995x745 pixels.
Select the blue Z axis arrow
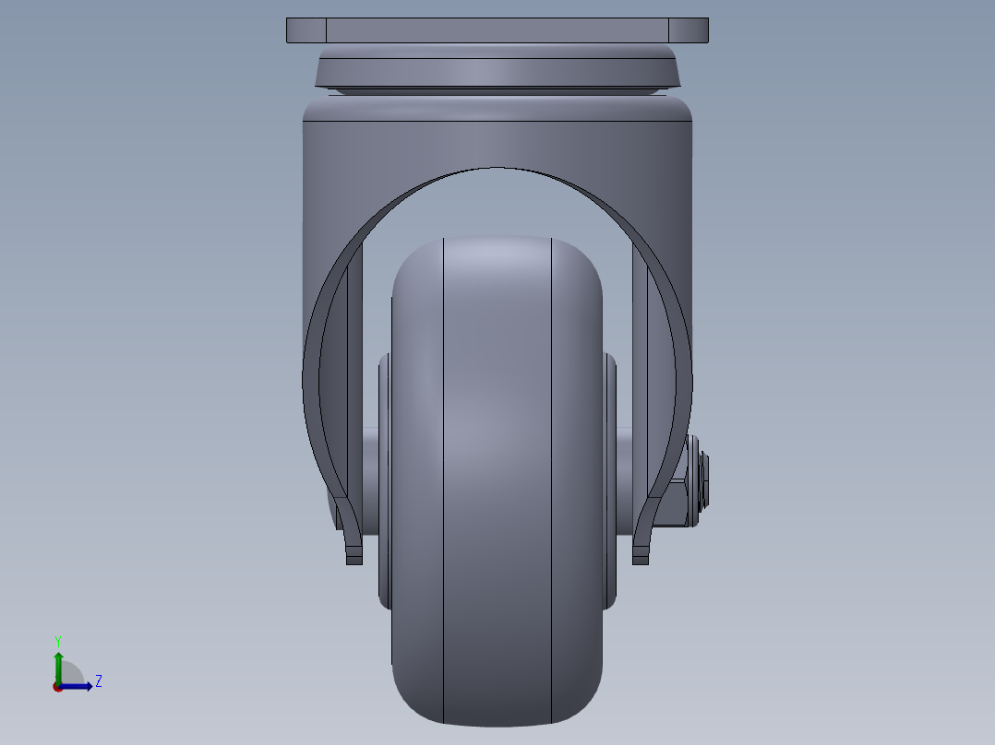(x=78, y=686)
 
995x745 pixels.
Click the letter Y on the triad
(x=58, y=641)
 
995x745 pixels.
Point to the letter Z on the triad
(x=98, y=681)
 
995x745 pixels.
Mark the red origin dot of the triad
(x=58, y=687)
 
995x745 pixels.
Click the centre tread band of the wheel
(x=497, y=479)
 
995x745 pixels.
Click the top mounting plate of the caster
(x=497, y=30)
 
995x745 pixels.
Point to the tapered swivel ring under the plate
(x=497, y=70)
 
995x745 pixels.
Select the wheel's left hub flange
(x=384, y=479)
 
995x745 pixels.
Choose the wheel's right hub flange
(x=610, y=479)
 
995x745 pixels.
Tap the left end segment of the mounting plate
(x=306, y=30)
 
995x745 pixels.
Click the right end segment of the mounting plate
(x=689, y=30)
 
